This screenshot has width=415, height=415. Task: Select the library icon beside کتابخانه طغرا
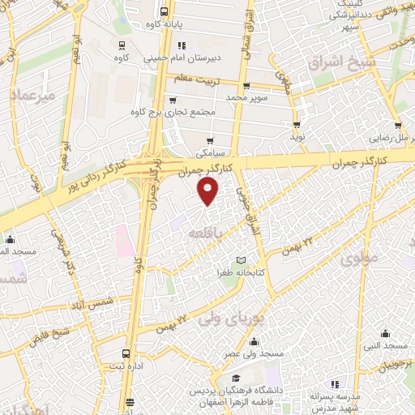[x=239, y=260]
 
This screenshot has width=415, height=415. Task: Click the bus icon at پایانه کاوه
[x=165, y=12]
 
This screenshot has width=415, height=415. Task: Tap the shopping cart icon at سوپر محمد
[x=246, y=85]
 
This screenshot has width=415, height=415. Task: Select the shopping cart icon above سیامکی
[x=210, y=141]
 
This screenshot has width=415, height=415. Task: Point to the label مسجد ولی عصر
[x=254, y=354]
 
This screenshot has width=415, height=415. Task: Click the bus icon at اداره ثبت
[x=125, y=354]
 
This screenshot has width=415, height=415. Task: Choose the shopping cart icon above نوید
[x=297, y=125]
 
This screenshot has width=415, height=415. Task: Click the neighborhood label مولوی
[x=359, y=259]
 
